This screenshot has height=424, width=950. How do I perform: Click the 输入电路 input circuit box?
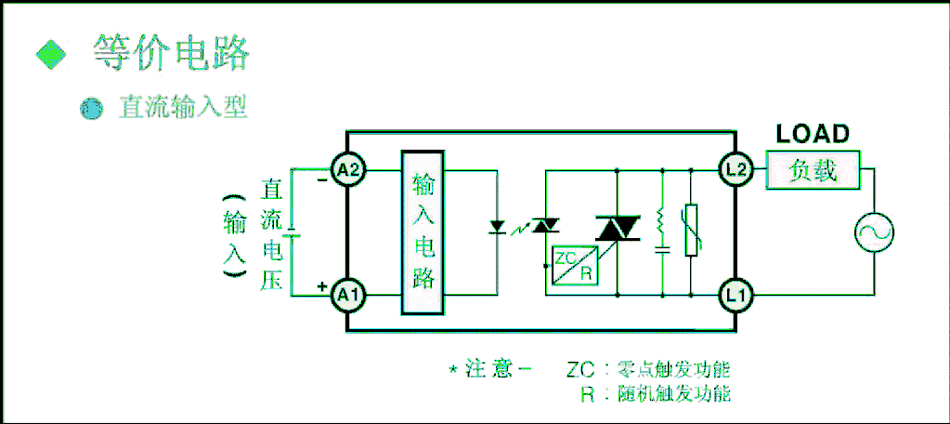click(423, 232)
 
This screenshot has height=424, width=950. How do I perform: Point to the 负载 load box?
click(813, 170)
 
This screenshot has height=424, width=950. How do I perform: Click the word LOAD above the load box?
click(813, 135)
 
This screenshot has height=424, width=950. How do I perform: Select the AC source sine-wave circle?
click(874, 232)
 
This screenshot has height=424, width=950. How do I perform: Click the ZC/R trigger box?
click(574, 266)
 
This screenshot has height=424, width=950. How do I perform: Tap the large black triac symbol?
click(618, 228)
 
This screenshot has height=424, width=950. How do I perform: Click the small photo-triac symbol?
click(545, 226)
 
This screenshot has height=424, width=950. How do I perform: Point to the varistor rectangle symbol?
click(691, 230)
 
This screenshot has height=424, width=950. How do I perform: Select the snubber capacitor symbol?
click(662, 250)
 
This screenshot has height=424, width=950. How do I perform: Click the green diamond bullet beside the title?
click(51, 54)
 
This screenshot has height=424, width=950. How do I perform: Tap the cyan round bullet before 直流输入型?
click(92, 109)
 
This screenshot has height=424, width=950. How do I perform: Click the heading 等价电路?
click(172, 53)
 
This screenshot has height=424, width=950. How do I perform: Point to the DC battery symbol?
click(292, 233)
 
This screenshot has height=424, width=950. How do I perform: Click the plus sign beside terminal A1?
click(321, 286)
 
